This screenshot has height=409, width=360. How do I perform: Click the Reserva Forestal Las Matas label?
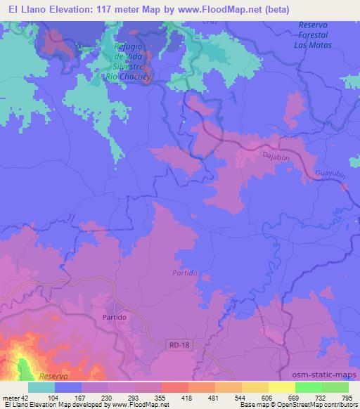(x=310, y=34)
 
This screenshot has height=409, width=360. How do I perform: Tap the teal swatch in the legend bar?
(x=42, y=387)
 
